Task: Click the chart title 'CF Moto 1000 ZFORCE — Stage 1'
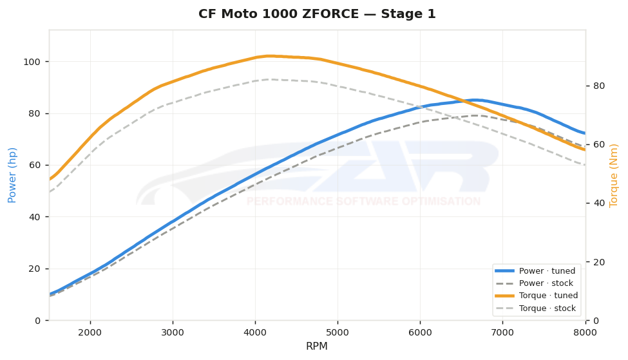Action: tap(317, 14)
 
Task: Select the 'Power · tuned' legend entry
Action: tap(535, 271)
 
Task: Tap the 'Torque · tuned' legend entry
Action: tap(537, 296)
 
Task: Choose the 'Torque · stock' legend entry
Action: tap(535, 308)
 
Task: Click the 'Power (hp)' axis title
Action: tap(12, 175)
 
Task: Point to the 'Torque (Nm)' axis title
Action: tap(614, 176)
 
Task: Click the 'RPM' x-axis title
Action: tap(317, 346)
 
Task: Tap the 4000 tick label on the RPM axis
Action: tap(255, 333)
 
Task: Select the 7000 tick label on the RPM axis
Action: tap(502, 333)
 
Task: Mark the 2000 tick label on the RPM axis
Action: tap(90, 333)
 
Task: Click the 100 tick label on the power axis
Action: tap(32, 62)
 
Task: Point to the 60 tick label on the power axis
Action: tap(35, 166)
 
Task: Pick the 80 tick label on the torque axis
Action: tap(599, 86)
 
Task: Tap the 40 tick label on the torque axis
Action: tap(599, 203)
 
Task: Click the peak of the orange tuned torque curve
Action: tap(270, 56)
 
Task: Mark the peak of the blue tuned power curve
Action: tap(475, 100)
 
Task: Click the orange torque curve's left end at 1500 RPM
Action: tap(50, 179)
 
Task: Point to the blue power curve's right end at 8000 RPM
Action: tap(585, 133)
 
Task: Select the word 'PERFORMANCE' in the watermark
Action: tap(290, 202)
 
